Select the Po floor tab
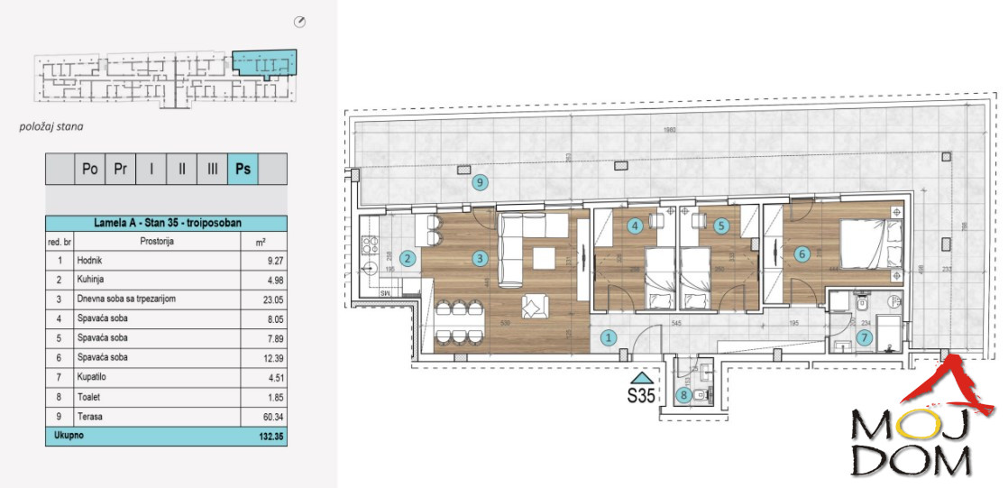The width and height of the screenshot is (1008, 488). click(x=89, y=169)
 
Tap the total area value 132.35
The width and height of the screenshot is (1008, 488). click(x=261, y=435)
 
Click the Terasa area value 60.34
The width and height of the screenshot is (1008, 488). click(x=261, y=417)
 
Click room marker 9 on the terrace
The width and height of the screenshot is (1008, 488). click(x=481, y=183)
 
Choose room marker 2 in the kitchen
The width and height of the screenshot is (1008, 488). click(x=408, y=259)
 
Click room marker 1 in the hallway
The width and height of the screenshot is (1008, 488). click(x=609, y=339)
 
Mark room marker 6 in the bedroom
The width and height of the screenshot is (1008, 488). click(x=802, y=254)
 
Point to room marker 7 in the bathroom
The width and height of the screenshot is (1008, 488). click(x=865, y=339)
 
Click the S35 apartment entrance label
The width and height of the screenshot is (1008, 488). click(x=641, y=394)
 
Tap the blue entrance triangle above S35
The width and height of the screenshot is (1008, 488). click(x=641, y=377)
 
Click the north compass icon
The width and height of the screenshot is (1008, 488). click(x=300, y=22)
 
